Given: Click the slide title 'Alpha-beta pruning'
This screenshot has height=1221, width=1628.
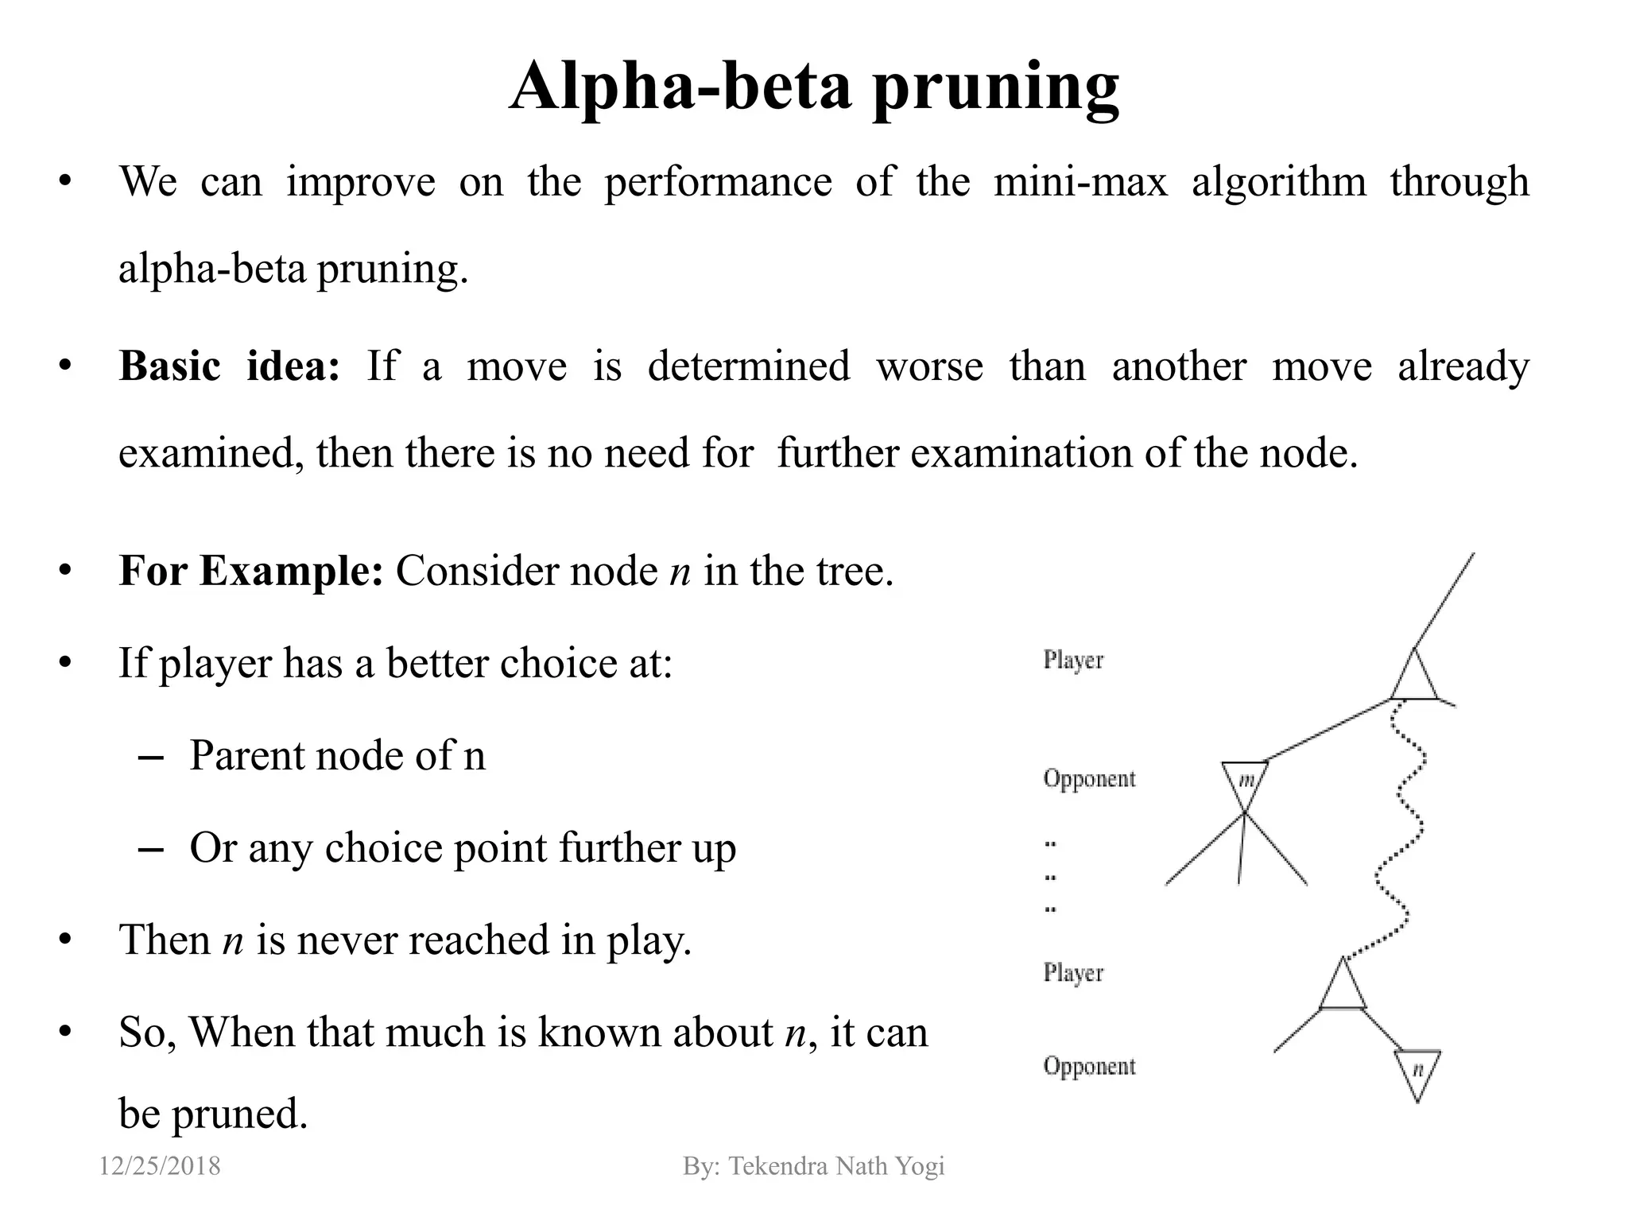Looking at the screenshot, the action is [814, 87].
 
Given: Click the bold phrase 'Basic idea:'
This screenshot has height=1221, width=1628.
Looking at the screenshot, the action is [229, 366].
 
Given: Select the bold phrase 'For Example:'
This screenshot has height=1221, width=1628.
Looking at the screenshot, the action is [250, 571].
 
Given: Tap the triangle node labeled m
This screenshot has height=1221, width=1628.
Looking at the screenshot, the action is [1245, 782].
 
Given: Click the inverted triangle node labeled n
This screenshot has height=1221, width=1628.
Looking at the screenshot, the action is [1417, 1072].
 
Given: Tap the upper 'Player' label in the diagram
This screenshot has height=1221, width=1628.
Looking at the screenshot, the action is [1073, 661].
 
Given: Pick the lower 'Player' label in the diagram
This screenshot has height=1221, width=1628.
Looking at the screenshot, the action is [1073, 973].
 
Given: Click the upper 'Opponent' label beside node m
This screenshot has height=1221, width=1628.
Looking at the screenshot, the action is [1089, 779].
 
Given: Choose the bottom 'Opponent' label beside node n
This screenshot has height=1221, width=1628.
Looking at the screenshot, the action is [1089, 1066].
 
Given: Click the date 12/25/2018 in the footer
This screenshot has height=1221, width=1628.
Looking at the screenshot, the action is [160, 1166].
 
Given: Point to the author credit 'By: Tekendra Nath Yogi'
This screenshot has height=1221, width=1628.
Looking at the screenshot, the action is [813, 1166].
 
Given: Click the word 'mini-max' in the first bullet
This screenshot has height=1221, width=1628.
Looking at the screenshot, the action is [1080, 182].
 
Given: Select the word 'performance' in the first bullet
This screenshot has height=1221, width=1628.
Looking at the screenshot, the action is [718, 182].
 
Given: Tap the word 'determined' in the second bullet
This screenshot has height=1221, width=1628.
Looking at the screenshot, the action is [749, 366].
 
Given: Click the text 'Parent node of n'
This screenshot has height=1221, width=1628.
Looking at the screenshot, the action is [337, 755].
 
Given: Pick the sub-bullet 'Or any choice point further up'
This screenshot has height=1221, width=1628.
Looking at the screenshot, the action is [463, 847].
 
